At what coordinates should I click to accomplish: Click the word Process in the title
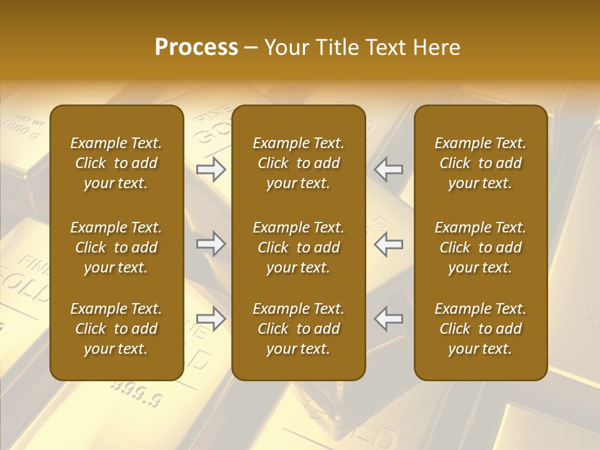pos(196,47)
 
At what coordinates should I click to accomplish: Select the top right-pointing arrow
pos(211,169)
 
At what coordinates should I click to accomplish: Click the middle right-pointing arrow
pos(211,244)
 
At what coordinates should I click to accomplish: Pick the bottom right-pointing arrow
pos(211,319)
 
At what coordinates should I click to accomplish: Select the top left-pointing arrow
pos(389,169)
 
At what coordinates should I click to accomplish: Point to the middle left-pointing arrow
pos(389,244)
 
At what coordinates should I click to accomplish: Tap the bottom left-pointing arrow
pos(389,319)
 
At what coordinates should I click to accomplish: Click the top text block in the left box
pos(116,163)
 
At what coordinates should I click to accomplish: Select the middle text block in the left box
pos(116,247)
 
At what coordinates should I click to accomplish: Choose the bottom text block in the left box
pos(116,329)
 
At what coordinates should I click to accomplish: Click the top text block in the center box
pos(298,163)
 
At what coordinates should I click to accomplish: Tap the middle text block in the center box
pos(298,247)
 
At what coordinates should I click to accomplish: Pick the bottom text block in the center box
pos(298,329)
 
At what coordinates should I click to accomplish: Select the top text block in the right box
pos(480,163)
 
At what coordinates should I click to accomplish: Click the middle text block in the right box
pos(480,247)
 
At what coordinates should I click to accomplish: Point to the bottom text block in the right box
pos(480,329)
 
